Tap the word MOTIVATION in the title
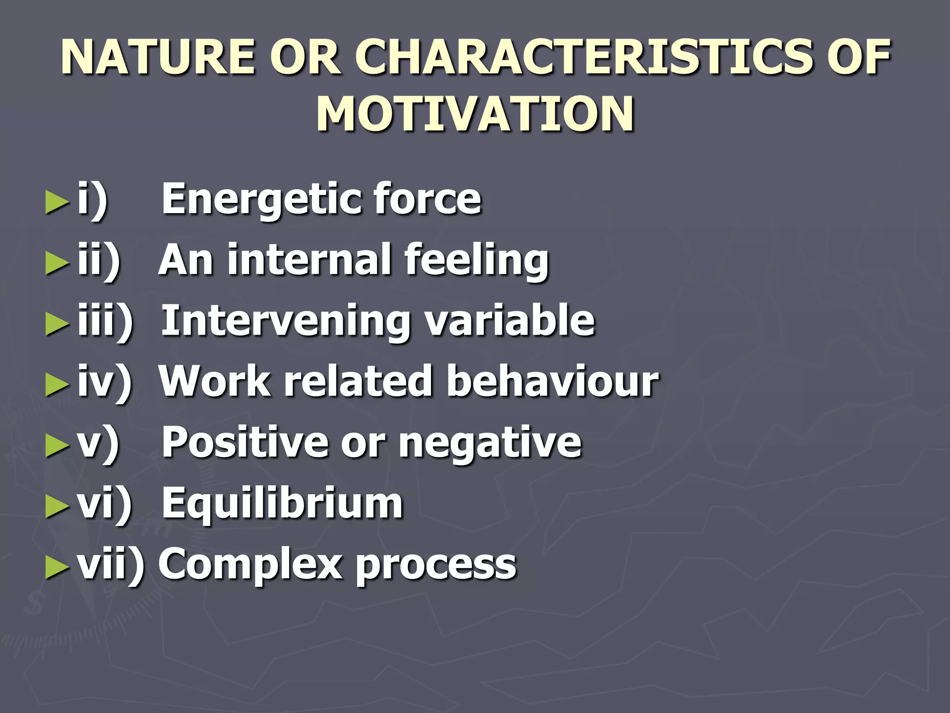click(x=475, y=114)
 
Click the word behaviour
click(x=552, y=381)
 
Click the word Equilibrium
click(x=282, y=504)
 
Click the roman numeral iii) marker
click(x=105, y=321)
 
